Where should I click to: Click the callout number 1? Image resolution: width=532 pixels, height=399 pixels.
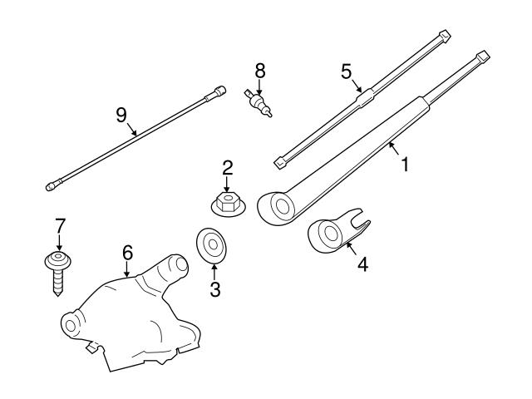[x=405, y=164]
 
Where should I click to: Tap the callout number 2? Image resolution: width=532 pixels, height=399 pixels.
[x=227, y=170]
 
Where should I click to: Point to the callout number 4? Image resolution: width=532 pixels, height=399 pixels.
[x=362, y=265]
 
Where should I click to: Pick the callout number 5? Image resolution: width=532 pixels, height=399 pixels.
[x=347, y=71]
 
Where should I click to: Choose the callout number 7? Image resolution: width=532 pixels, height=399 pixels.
[x=59, y=225]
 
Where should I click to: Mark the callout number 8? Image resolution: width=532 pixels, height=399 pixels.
[x=259, y=71]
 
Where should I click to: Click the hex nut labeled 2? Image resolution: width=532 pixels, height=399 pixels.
[x=225, y=204]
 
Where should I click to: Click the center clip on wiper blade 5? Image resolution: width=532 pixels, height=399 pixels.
[x=363, y=95]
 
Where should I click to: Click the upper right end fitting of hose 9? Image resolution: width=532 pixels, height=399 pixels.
[x=219, y=89]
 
